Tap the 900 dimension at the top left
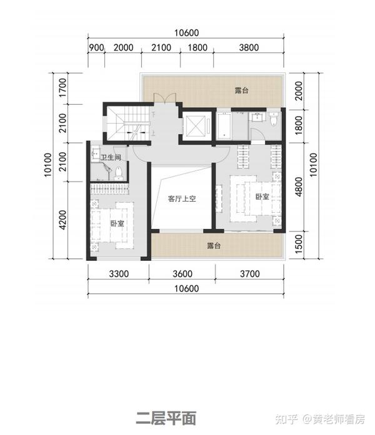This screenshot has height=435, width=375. pos(96,47)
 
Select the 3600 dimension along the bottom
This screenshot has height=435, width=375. pos(182,273)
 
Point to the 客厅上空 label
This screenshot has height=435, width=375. pos(182,199)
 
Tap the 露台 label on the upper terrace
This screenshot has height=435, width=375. pos(242,90)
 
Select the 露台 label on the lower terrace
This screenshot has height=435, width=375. pos(214,246)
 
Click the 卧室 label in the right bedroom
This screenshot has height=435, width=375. pos(262,197)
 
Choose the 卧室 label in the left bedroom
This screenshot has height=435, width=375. pos(117,223)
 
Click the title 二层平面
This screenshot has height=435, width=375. pos(166,416)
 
